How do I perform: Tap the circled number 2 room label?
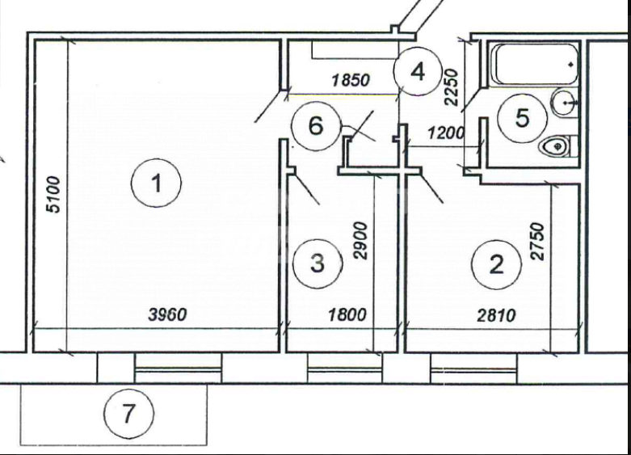(496, 263)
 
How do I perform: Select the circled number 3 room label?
(317, 263)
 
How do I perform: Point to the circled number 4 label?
(417, 72)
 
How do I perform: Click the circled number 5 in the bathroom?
(522, 118)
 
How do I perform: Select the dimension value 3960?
(167, 314)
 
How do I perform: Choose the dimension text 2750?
(538, 241)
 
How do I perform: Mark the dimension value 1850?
(349, 80)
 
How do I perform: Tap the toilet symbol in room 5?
(556, 146)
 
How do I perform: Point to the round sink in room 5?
(564, 103)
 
